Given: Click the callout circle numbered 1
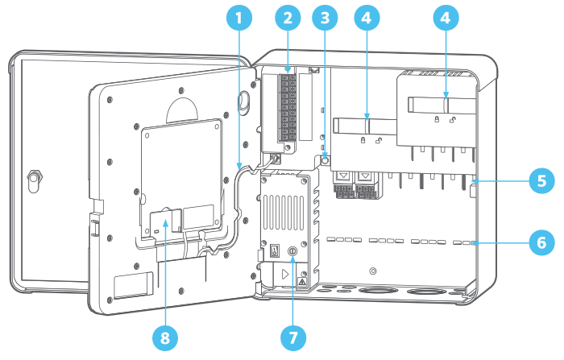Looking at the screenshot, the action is [x=238, y=18].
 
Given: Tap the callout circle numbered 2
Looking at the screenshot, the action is [x=288, y=18].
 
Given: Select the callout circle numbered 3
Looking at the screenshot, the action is [x=325, y=18].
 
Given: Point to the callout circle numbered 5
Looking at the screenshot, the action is [x=541, y=181].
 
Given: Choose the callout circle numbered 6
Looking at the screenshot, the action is [x=541, y=242].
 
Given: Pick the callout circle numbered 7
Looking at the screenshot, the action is [x=293, y=338].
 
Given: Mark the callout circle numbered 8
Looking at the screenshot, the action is [x=164, y=338].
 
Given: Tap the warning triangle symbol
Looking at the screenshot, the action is [x=302, y=282].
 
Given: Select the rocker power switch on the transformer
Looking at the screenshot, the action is [x=276, y=250].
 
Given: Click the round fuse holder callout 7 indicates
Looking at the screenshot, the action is [x=292, y=250].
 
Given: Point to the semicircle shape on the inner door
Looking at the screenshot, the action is [x=182, y=109].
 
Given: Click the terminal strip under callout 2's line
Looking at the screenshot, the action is [x=288, y=107].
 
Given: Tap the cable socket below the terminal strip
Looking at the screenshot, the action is [x=276, y=158].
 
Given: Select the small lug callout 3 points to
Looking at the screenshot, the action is [x=325, y=160].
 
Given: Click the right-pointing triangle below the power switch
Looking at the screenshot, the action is [x=285, y=275].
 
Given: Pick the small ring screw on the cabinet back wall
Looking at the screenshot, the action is [x=373, y=271].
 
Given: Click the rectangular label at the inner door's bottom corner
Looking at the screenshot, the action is [x=133, y=286].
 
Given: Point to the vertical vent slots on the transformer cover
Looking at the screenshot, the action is [x=284, y=212].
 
